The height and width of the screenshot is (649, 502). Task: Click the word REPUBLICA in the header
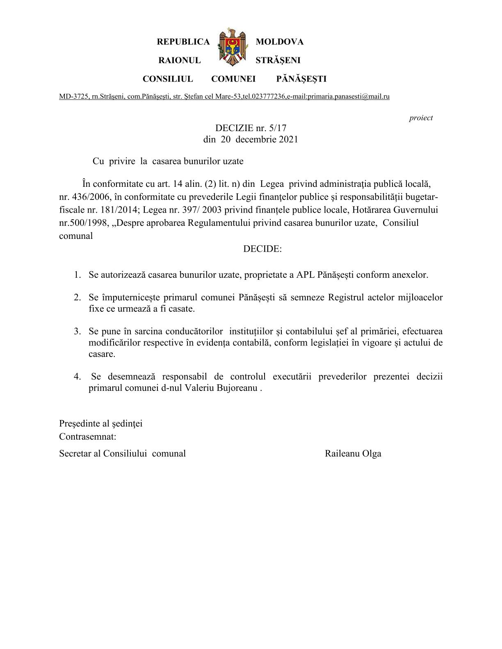[x=183, y=42]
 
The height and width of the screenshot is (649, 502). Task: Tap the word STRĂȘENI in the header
[x=278, y=60]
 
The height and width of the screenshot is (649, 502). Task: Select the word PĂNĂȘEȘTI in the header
[x=301, y=79]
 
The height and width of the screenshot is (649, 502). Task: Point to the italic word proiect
[x=421, y=118]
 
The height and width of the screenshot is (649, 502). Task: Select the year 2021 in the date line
[x=288, y=139]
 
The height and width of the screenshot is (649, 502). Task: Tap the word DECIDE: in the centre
[x=262, y=249]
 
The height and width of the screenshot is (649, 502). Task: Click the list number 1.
[x=77, y=275]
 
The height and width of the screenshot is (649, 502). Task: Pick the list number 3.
[x=77, y=331]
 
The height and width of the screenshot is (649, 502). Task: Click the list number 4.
[x=77, y=377]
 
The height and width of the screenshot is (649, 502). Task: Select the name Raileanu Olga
[x=353, y=454]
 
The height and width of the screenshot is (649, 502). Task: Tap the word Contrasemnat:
[x=88, y=437]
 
